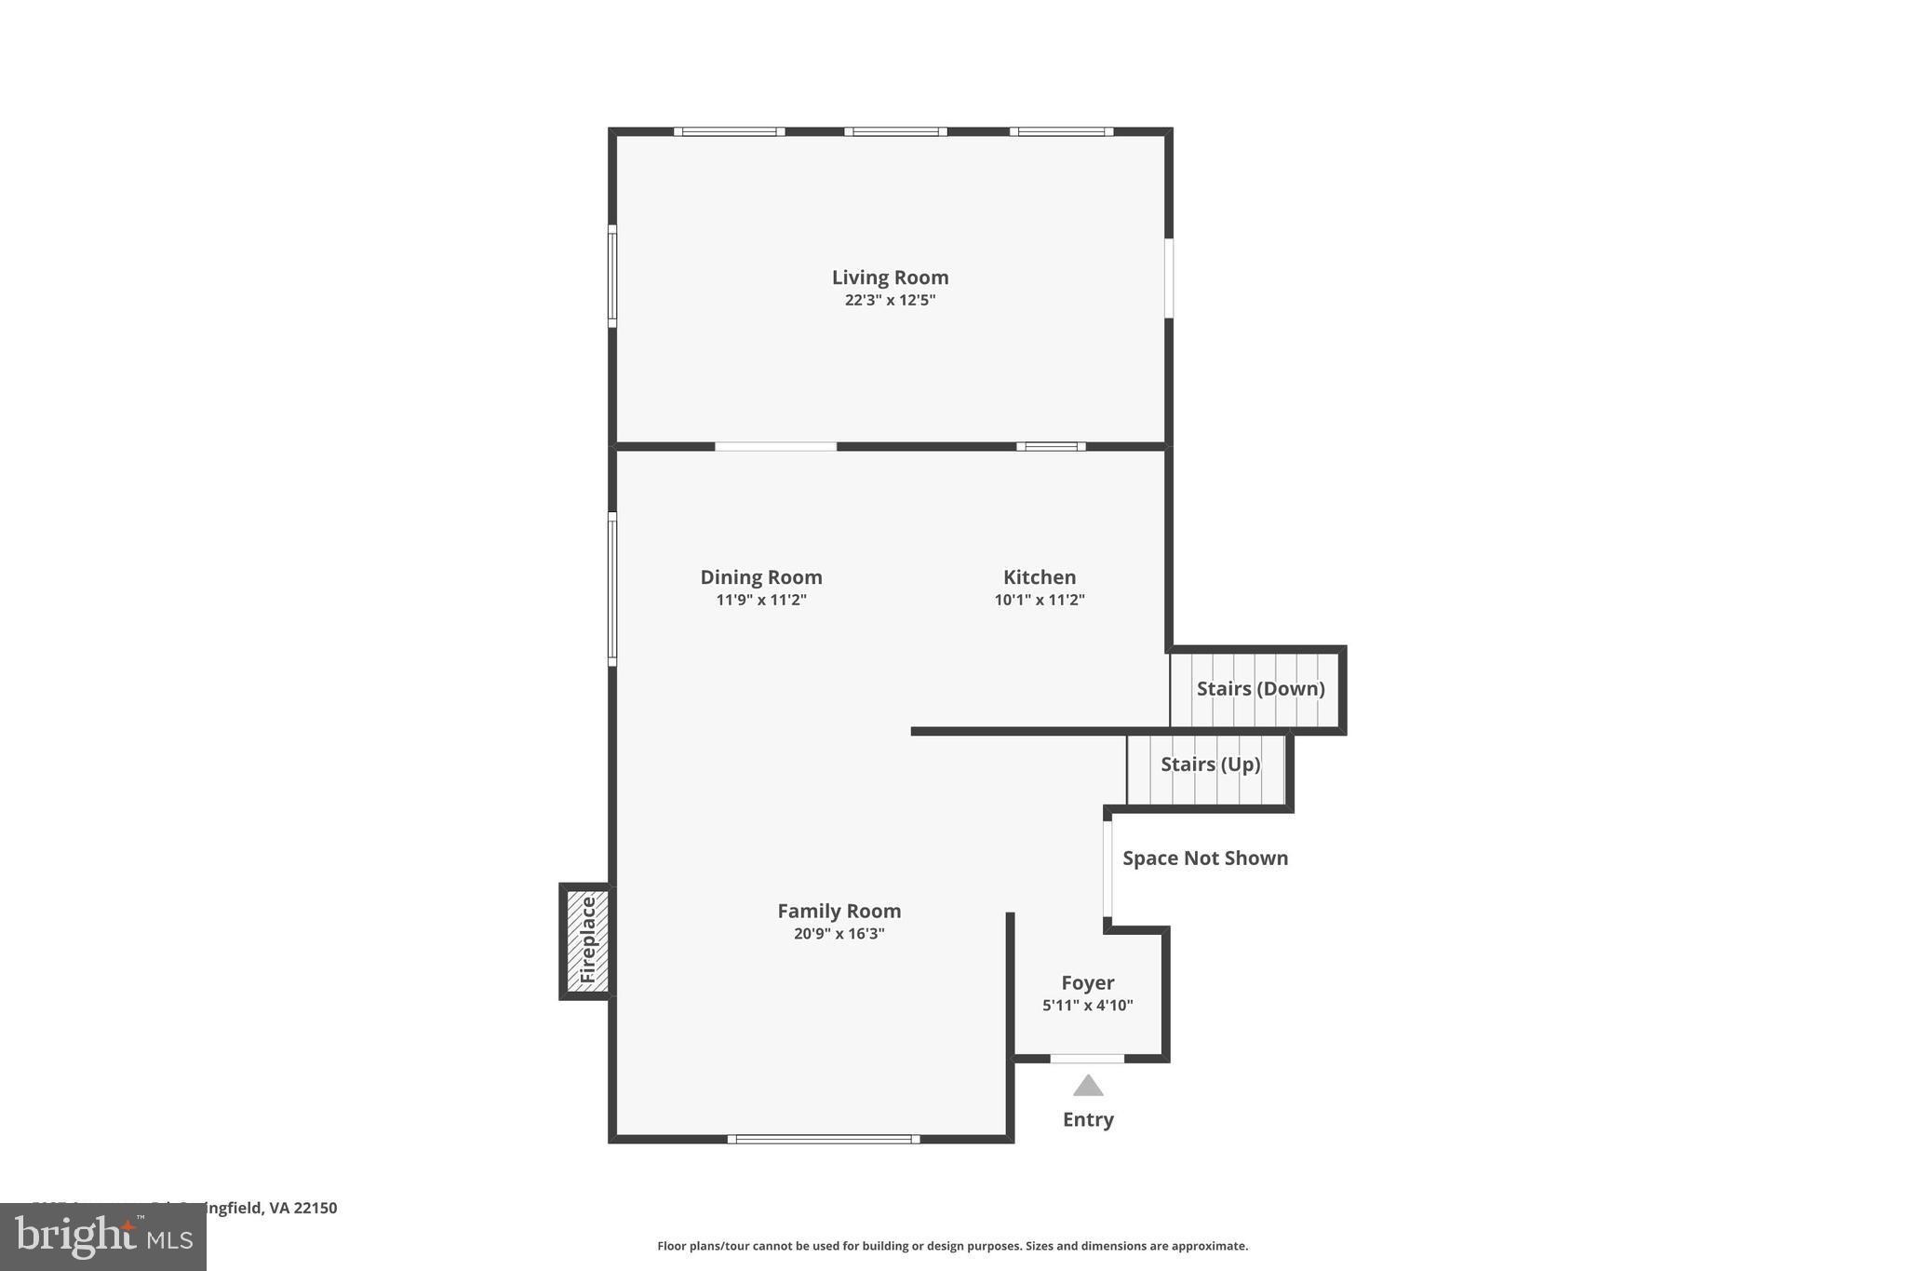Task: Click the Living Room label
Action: coord(890,277)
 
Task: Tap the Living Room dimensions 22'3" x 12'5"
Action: coord(890,300)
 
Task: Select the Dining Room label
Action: coord(761,577)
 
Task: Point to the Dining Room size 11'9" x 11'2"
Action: coord(761,600)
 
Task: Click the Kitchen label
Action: coord(1040,577)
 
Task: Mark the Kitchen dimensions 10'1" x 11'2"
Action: coord(1040,600)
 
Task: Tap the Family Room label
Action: coord(839,912)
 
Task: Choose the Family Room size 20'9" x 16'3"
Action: coord(839,934)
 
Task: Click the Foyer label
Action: coord(1088,983)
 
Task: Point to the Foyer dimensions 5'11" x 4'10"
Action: coord(1088,1006)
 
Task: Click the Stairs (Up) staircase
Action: coord(1207,770)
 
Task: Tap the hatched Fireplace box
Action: coord(587,940)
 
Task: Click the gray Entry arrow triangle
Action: coord(1088,1087)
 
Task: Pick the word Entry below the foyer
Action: coord(1088,1119)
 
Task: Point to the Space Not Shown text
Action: coord(1205,859)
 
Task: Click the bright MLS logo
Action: coord(103,1237)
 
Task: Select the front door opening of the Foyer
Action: coord(1087,1059)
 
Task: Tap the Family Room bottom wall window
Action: coord(824,1139)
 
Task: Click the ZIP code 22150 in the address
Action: coord(315,1208)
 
